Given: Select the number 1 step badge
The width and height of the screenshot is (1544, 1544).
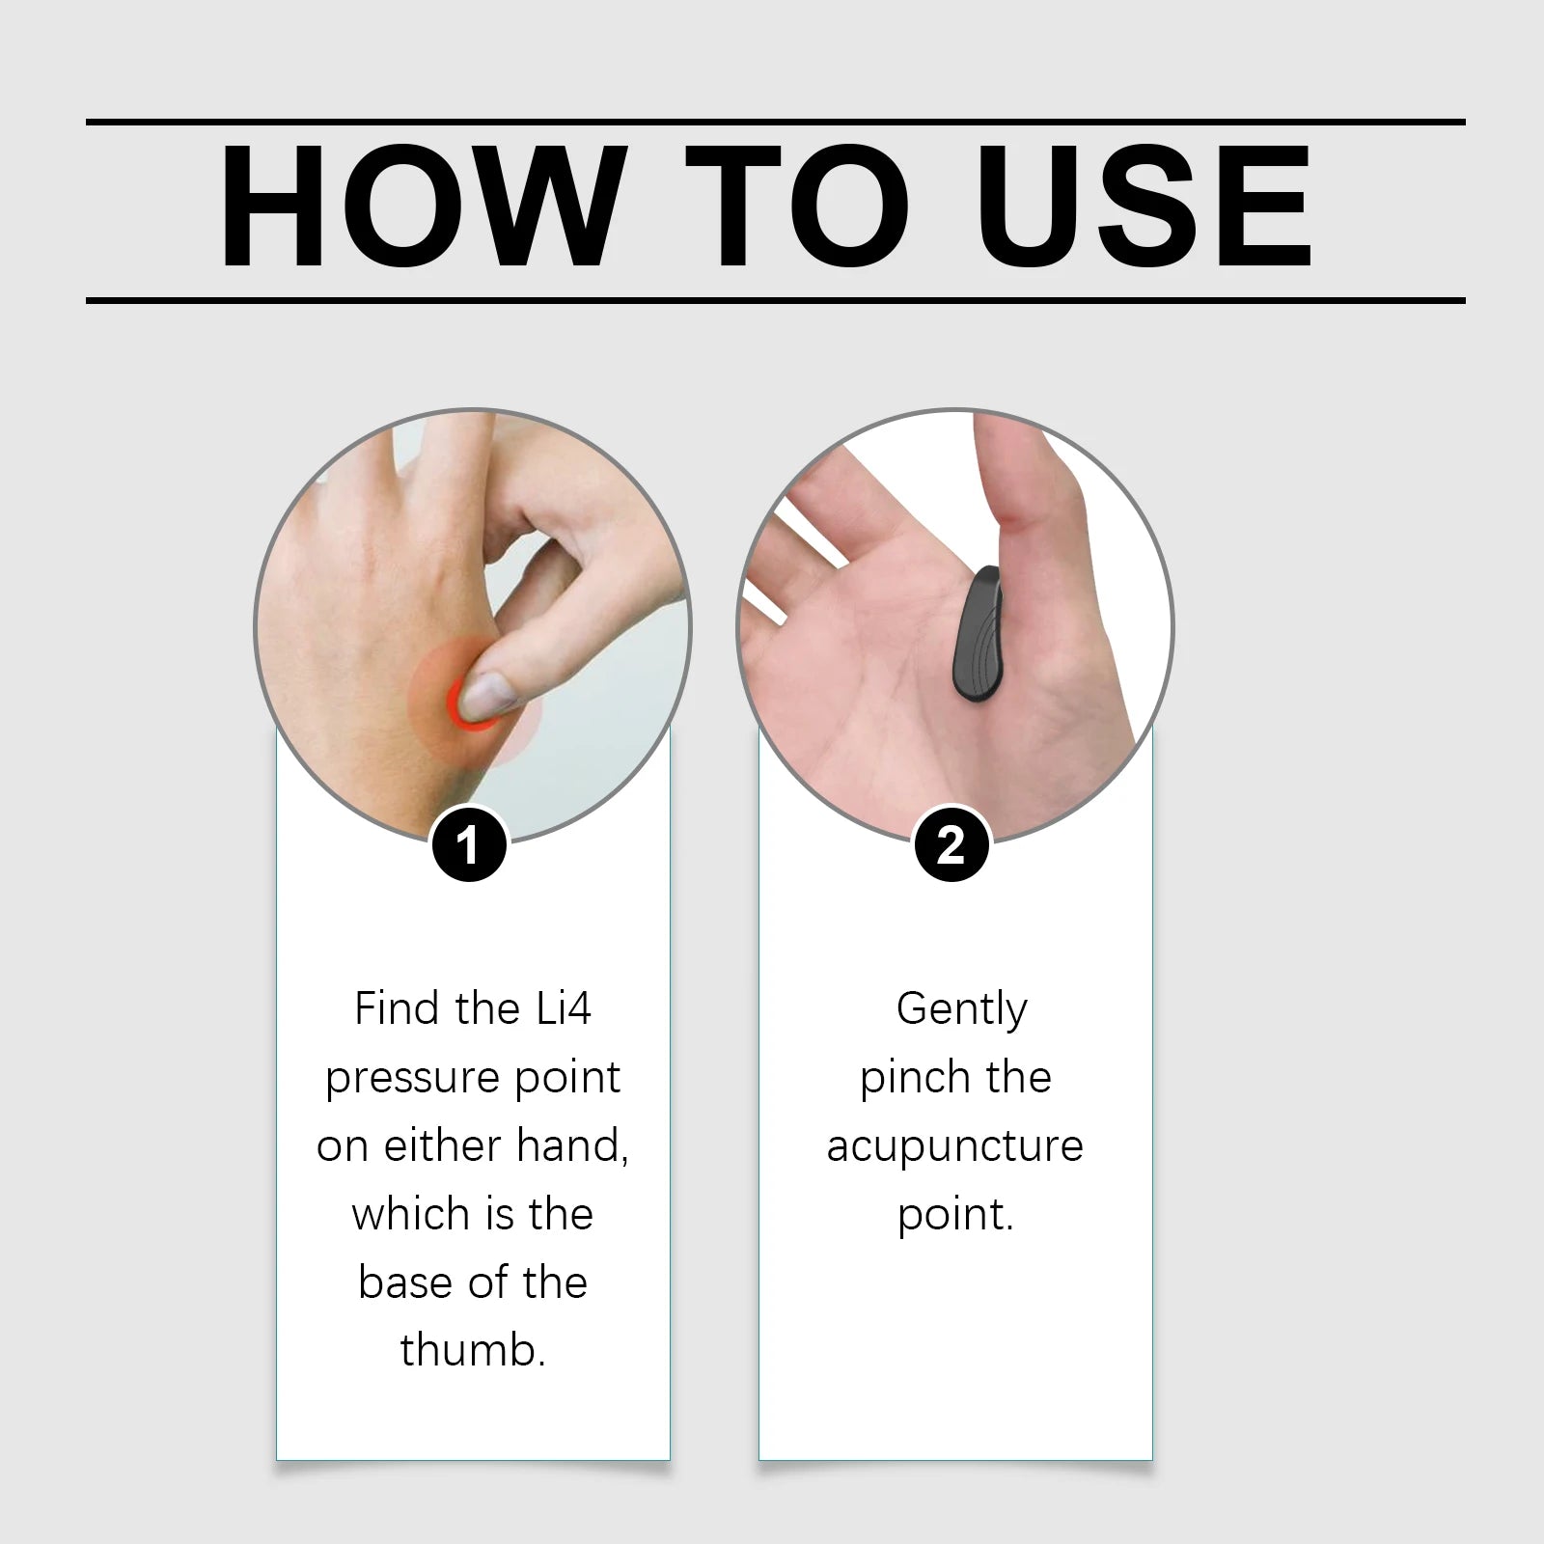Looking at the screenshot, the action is pyautogui.click(x=469, y=845).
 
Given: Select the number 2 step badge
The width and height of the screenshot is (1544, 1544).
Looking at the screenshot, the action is pyautogui.click(x=951, y=845).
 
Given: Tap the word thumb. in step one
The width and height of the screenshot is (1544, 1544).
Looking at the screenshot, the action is pyautogui.click(x=473, y=1350).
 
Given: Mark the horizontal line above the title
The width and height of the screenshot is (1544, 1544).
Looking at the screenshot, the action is pyautogui.click(x=776, y=123).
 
